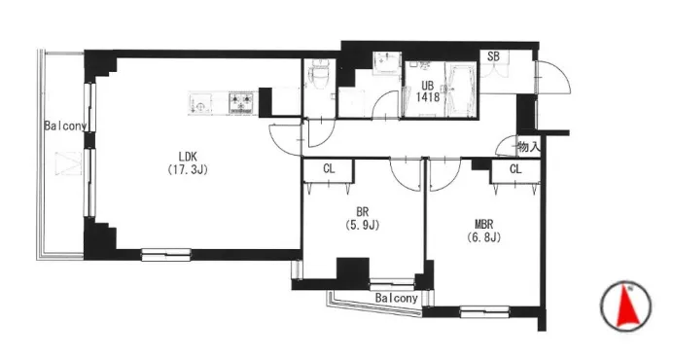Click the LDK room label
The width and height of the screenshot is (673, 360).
188,157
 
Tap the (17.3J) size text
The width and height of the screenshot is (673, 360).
188,169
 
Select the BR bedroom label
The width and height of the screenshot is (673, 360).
363,212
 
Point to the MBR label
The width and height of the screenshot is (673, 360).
483,224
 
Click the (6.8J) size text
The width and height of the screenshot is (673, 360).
483,237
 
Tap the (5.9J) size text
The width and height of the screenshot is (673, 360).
363,225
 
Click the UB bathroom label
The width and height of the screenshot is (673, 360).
428,87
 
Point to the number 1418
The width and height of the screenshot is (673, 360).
428,97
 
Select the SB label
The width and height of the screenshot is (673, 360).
494,56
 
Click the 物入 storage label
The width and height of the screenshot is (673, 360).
528,147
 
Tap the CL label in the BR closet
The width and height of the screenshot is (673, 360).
329,169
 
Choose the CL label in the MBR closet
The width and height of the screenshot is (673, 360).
515,169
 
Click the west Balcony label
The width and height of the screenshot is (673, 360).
66,126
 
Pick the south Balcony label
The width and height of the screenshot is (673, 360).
396,298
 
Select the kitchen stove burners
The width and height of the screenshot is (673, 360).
241,103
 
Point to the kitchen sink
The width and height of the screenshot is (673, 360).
200,104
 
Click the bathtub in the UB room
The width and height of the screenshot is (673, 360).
461,90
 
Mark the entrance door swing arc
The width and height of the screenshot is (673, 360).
561,74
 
